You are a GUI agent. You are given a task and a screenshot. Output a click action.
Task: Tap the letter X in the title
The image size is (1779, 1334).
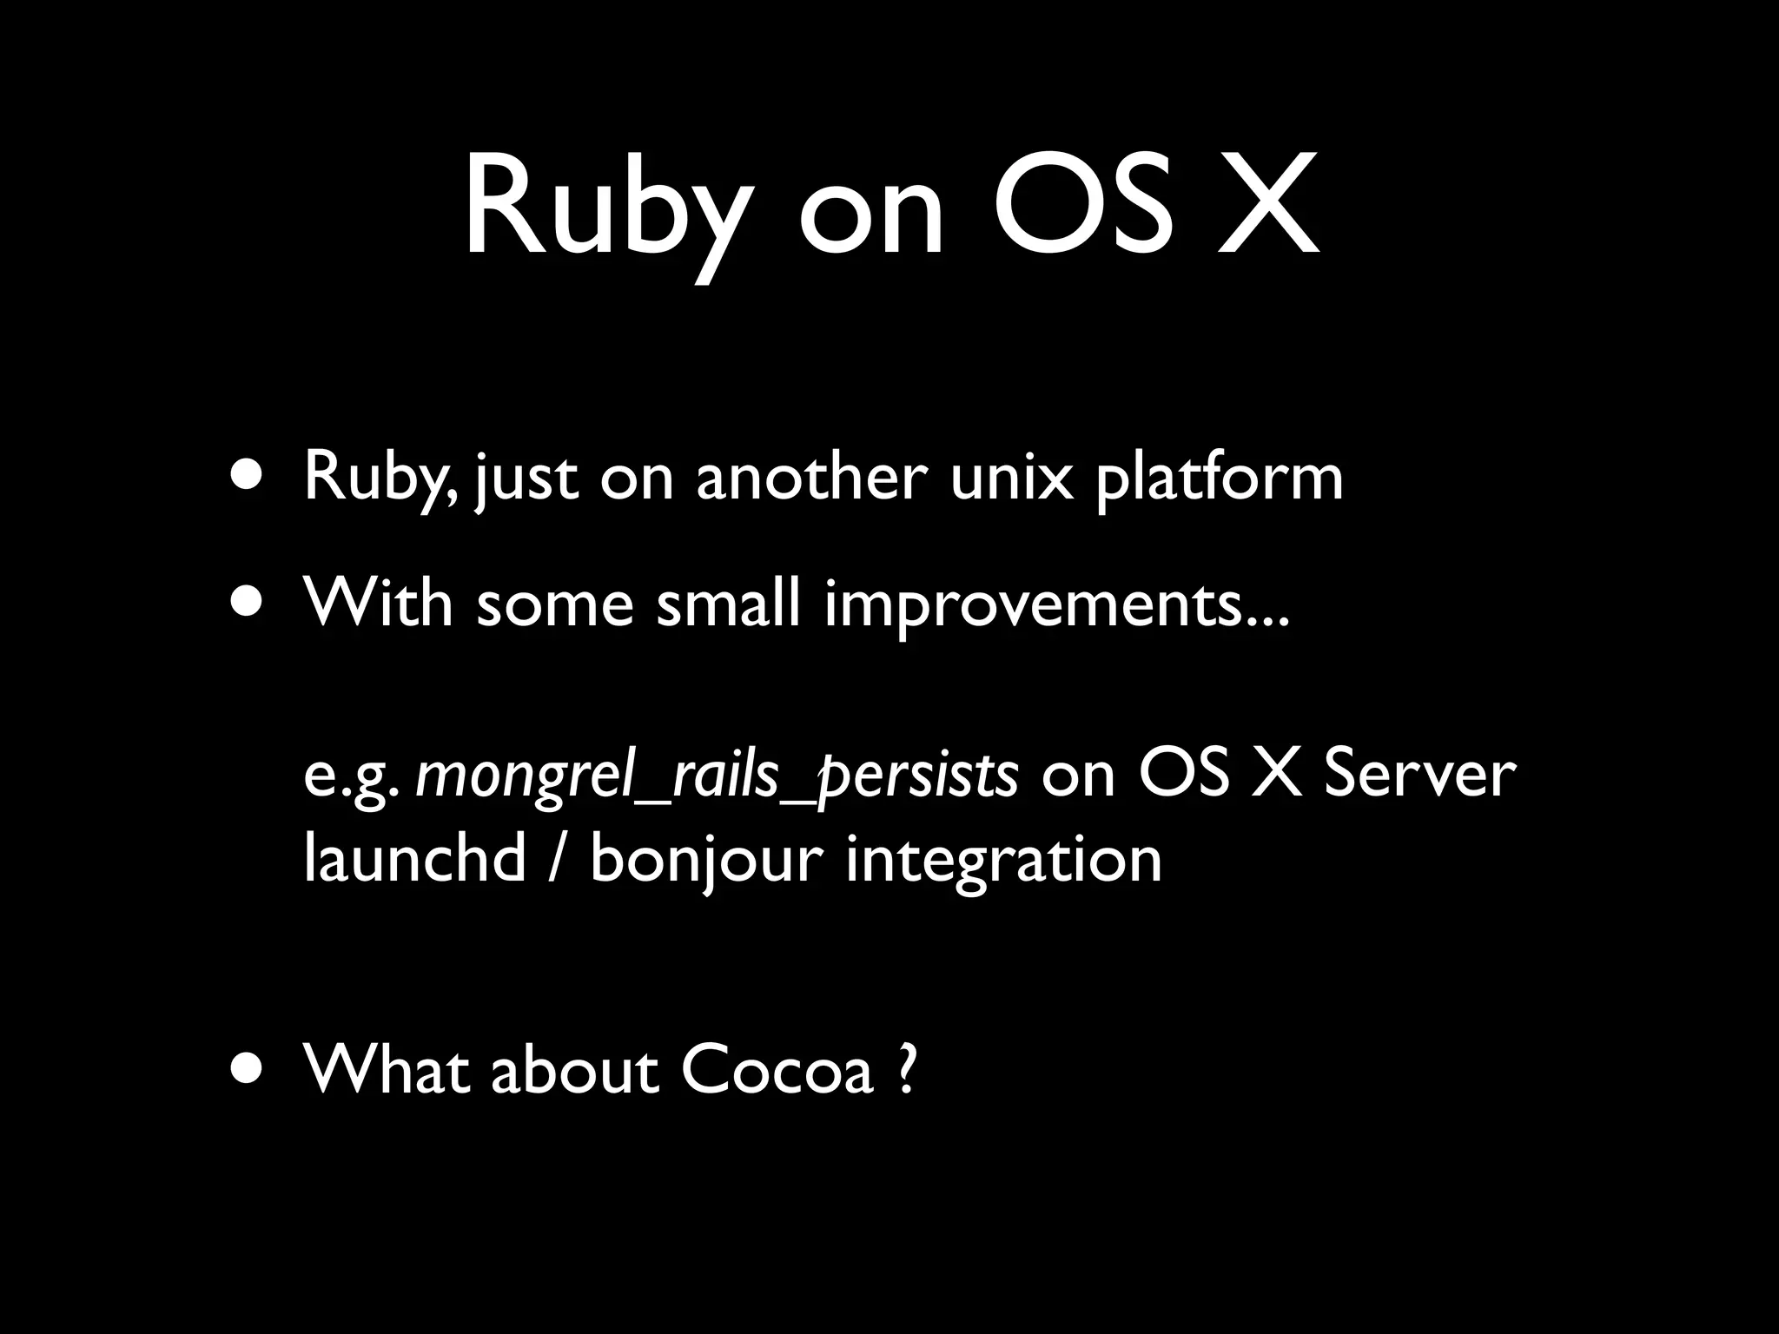click(x=1268, y=208)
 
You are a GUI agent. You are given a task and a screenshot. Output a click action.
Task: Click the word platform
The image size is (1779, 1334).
click(x=1219, y=479)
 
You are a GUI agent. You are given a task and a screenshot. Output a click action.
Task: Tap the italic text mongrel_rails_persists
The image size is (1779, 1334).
click(x=717, y=776)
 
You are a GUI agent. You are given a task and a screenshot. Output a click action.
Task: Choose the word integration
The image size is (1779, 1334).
click(x=1003, y=860)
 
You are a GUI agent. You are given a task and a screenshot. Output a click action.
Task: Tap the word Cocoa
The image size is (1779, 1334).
click(x=776, y=1070)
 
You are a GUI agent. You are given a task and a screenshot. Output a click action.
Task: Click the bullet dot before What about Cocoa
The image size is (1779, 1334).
click(x=250, y=1071)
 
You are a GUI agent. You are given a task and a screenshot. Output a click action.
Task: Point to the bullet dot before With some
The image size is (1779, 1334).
click(x=250, y=603)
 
